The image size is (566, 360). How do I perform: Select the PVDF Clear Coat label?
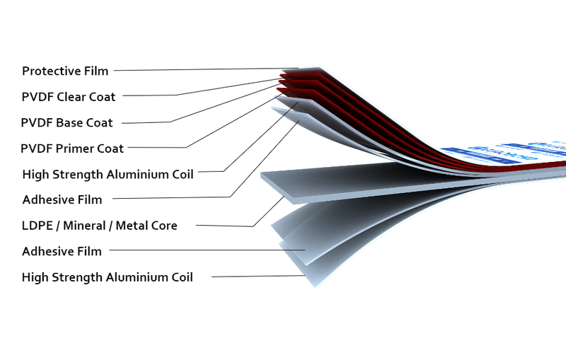[x=68, y=96]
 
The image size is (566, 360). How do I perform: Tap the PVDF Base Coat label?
[x=67, y=122]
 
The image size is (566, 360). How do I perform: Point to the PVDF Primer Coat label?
[x=72, y=149]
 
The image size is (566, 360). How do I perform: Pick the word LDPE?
[x=36, y=226]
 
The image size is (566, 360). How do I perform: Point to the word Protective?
[x=49, y=71]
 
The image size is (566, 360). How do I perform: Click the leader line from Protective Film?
[x=198, y=69]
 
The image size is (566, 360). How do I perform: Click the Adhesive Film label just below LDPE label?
[x=62, y=251]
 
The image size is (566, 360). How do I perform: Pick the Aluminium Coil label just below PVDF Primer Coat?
[x=108, y=174]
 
